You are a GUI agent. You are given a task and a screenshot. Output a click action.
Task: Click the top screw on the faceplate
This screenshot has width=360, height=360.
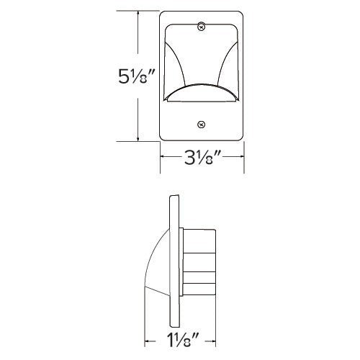[202, 27]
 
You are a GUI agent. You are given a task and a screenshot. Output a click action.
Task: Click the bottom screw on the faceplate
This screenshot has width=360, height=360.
[202, 125]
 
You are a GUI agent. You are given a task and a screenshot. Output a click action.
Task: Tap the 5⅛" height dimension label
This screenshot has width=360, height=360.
[136, 76]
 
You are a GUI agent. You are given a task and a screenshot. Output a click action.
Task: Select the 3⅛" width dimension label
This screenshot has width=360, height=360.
[202, 158]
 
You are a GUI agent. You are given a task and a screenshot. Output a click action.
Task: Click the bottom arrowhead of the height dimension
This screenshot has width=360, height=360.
[138, 138]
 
